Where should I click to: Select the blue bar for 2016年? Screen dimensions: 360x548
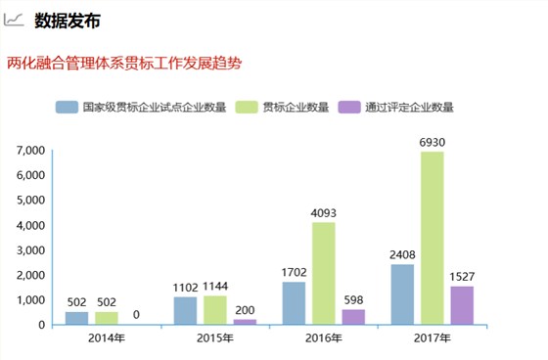294,302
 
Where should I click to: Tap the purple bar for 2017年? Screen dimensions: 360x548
461,304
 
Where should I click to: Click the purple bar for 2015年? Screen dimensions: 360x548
244,320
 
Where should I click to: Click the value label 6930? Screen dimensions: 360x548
432,143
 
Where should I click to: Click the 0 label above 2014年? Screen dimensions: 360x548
136,315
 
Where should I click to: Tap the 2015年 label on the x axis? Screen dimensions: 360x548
214,339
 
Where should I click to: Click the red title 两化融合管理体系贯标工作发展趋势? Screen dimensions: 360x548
124,63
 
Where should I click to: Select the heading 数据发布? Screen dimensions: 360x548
67,21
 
